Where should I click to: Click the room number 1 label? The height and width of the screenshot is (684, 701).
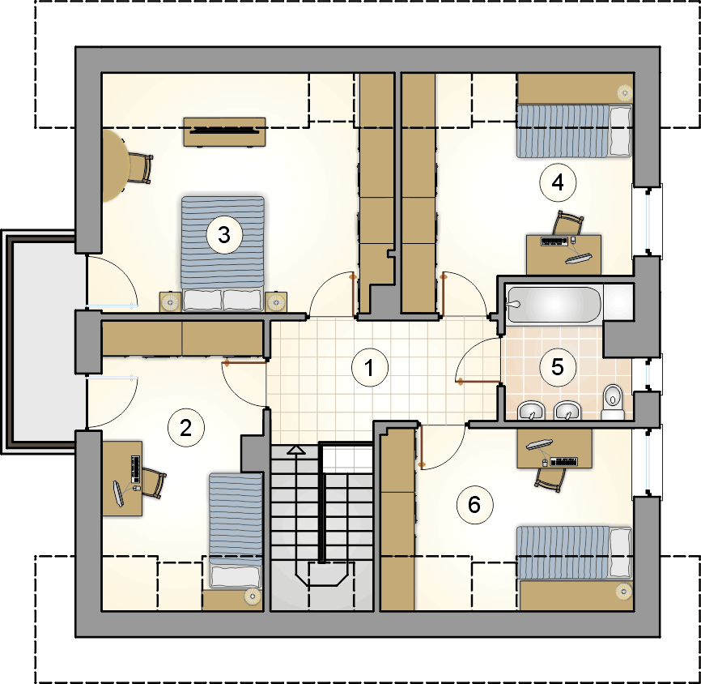pyautogui.click(x=370, y=367)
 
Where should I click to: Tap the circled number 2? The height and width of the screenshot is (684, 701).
pyautogui.click(x=185, y=428)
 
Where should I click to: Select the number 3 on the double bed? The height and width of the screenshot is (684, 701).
pyautogui.click(x=224, y=234)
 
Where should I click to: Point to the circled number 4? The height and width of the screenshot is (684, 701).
pyautogui.click(x=558, y=182)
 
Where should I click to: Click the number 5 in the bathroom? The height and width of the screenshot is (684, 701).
pyautogui.click(x=558, y=367)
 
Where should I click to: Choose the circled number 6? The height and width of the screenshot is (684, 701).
pyautogui.click(x=474, y=505)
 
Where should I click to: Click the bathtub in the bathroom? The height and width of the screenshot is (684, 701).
pyautogui.click(x=554, y=305)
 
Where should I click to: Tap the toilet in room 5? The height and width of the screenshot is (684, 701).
pyautogui.click(x=613, y=402)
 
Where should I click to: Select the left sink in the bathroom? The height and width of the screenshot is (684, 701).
pyautogui.click(x=531, y=411)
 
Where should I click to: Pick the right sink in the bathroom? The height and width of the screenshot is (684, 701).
pyautogui.click(x=567, y=411)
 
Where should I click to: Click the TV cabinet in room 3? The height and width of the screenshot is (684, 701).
pyautogui.click(x=224, y=131)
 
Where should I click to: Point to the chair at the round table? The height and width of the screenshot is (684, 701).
pyautogui.click(x=140, y=168)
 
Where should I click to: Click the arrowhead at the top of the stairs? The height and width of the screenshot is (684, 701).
pyautogui.click(x=295, y=450)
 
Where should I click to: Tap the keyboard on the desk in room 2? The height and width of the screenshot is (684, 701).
pyautogui.click(x=136, y=468)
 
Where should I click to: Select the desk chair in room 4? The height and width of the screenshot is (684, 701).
pyautogui.click(x=568, y=224)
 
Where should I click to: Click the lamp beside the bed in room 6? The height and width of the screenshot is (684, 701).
pyautogui.click(x=623, y=592)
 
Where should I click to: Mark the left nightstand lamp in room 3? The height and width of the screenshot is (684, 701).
pyautogui.click(x=170, y=302)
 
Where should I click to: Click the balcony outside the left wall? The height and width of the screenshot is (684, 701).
pyautogui.click(x=44, y=342)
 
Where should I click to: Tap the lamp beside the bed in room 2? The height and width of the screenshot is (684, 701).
pyautogui.click(x=253, y=596)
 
